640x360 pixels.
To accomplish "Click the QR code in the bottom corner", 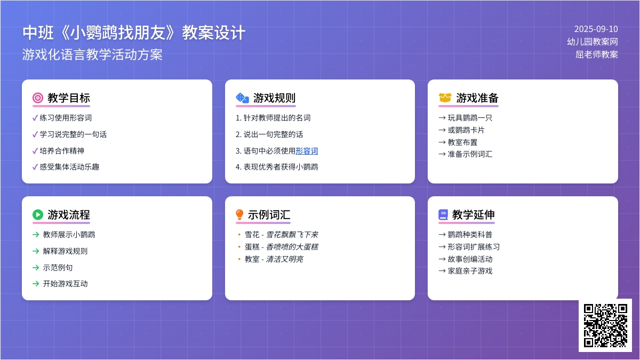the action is [605, 325].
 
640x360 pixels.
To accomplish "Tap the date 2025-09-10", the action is [596, 29].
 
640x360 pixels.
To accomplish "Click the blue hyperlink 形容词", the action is [307, 151].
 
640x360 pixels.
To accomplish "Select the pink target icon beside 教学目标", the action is [38, 98].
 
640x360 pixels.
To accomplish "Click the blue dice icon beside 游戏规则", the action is [242, 98].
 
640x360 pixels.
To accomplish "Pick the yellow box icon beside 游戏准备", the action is [445, 98].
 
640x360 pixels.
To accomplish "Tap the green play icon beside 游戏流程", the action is [38, 214].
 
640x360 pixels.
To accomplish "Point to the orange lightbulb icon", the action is [239, 214].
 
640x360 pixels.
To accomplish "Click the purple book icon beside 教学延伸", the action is [443, 214].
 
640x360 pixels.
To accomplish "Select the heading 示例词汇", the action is [269, 214].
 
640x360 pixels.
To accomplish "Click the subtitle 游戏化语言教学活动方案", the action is [92, 54].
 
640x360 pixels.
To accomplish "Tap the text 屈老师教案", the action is [597, 54].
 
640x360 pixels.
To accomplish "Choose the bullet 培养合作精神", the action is [62, 151].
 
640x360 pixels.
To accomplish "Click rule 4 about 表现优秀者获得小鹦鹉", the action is [277, 167].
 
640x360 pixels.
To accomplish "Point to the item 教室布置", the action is [462, 142].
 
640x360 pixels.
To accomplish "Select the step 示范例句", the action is [58, 268].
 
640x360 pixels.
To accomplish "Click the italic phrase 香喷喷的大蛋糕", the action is [292, 247].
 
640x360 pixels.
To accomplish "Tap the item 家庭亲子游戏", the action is [470, 271].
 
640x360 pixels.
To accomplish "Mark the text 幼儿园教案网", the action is [593, 42].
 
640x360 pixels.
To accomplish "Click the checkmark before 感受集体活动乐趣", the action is [35, 167].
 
